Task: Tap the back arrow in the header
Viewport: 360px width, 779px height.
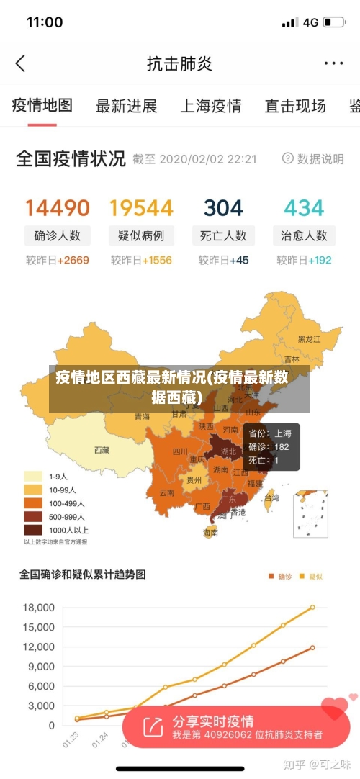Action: click(20, 63)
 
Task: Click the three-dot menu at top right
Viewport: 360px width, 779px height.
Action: click(333, 63)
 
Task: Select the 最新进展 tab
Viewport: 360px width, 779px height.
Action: click(126, 107)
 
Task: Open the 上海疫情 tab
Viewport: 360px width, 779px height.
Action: click(210, 107)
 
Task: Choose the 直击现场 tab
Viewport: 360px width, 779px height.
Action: click(294, 107)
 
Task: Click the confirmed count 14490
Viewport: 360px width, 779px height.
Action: click(58, 208)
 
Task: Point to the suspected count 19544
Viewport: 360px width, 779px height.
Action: click(141, 208)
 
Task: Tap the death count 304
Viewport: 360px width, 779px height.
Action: click(223, 208)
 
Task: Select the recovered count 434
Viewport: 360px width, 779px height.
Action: click(304, 208)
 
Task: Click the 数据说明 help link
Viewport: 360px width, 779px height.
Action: click(313, 159)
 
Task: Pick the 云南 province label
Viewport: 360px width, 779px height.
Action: click(167, 493)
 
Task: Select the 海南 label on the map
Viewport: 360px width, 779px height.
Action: click(210, 533)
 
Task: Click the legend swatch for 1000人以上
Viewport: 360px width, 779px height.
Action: click(33, 530)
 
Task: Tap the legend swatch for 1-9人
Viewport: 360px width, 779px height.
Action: click(33, 476)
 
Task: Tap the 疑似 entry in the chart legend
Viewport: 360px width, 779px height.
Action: click(311, 576)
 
